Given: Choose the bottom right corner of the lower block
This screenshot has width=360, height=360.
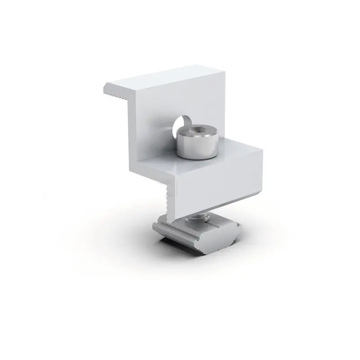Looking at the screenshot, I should click(261, 201).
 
